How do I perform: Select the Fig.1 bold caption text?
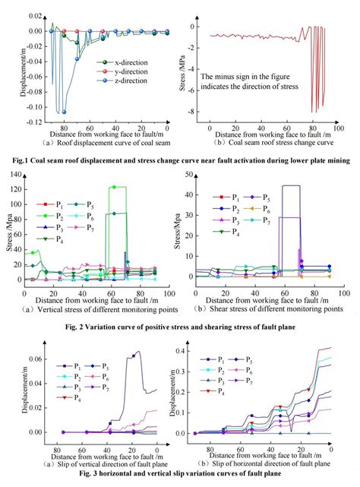[x=180, y=161]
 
